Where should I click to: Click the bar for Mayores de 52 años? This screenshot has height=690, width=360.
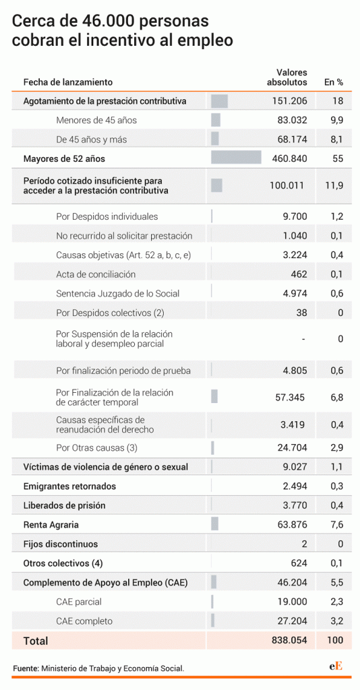[236, 158]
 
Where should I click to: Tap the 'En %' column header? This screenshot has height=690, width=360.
[334, 82]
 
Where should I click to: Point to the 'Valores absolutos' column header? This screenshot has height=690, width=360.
[291, 77]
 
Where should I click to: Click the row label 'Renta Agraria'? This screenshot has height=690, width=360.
[51, 524]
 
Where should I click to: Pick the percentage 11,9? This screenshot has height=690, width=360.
[334, 185]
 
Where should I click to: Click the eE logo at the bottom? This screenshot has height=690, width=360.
[336, 666]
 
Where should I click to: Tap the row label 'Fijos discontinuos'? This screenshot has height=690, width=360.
[61, 544]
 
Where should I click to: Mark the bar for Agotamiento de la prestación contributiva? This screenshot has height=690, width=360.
[219, 101]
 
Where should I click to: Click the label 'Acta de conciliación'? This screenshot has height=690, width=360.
[96, 274]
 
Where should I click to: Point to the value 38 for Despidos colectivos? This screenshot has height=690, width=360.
[302, 313]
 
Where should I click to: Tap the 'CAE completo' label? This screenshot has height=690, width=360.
[84, 621]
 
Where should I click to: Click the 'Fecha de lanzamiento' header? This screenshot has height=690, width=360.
[68, 82]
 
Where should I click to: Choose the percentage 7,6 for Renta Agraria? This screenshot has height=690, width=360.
[336, 524]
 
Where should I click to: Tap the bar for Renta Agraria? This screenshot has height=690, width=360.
[215, 524]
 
